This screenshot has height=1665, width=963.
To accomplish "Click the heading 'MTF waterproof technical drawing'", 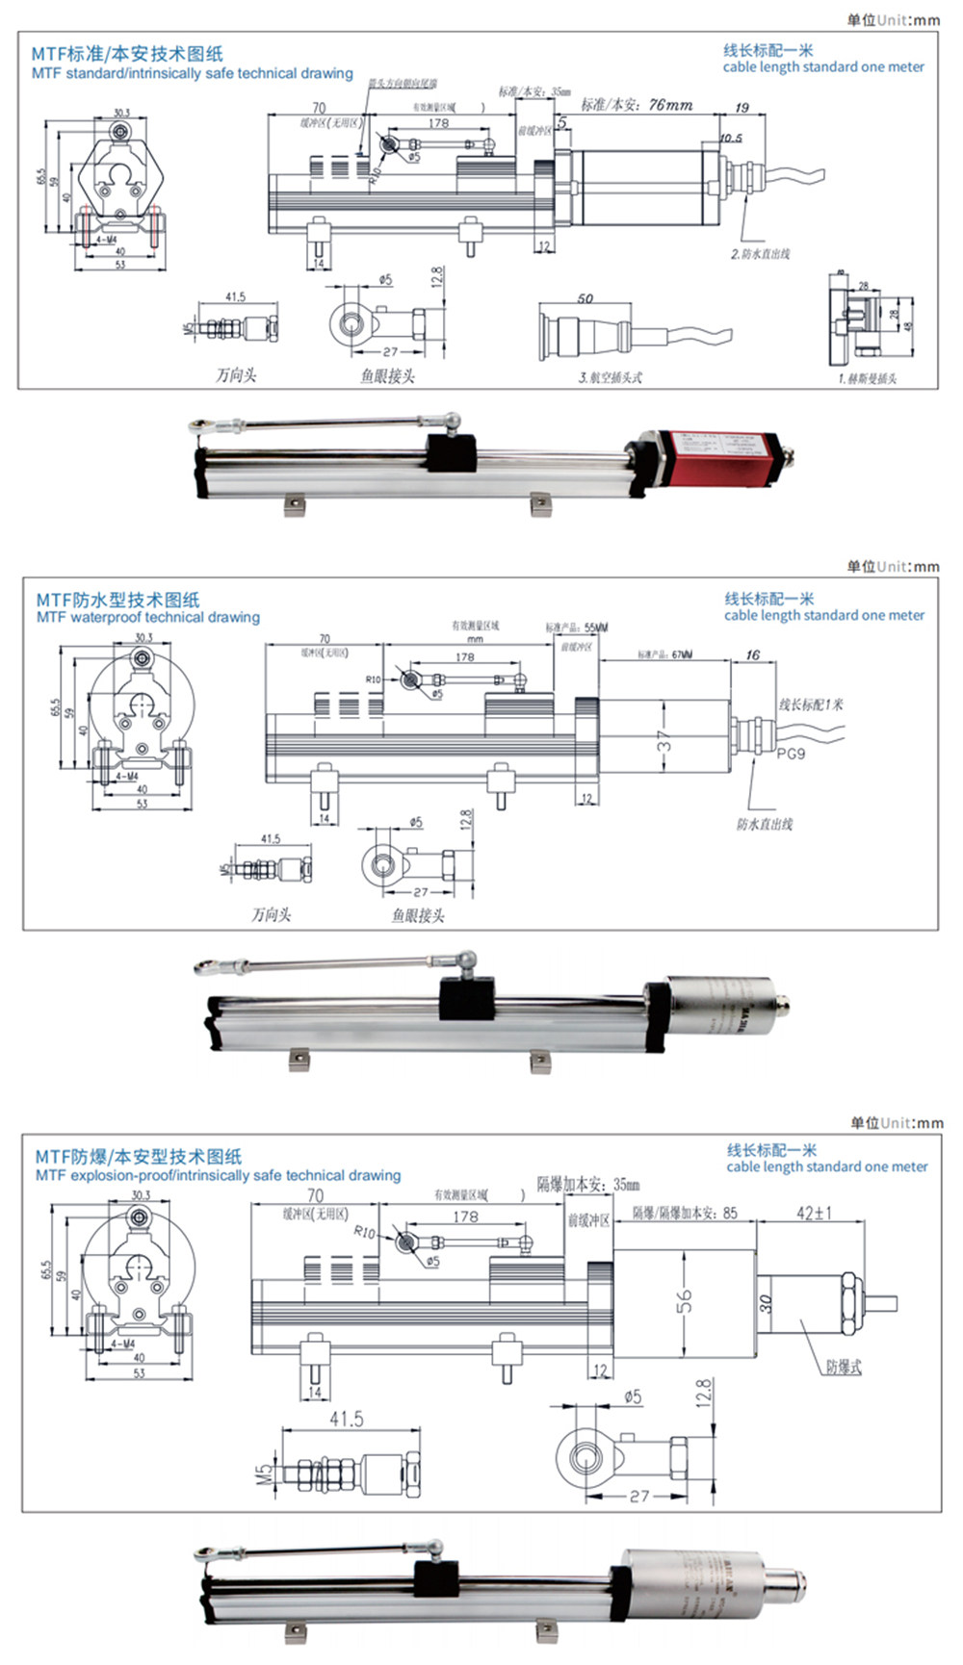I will click(148, 617).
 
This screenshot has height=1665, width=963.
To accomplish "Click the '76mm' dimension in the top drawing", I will click(670, 105).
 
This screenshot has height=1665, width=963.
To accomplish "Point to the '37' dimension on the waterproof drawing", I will click(664, 740).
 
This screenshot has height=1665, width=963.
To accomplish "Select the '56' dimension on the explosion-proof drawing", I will click(684, 1301).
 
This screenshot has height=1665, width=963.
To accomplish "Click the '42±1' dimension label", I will click(814, 1213).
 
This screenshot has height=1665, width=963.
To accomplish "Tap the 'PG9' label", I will click(791, 754).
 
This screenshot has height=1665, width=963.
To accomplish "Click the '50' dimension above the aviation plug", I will click(586, 298).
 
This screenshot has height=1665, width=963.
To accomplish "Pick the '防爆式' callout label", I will click(844, 1367).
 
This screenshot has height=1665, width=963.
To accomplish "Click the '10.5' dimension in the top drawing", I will click(731, 138).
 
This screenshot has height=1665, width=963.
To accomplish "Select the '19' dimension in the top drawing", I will click(742, 108).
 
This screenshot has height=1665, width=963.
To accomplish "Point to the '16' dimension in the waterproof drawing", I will click(753, 655).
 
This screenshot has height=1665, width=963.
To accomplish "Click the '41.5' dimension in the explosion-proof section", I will click(347, 1419).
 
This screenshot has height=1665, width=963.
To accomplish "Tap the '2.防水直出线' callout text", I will click(760, 254).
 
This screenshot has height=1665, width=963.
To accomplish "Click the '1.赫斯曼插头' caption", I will click(867, 378).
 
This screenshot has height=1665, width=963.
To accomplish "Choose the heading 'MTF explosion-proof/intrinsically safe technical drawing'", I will click(218, 1175).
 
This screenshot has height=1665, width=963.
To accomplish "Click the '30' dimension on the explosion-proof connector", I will click(766, 1303).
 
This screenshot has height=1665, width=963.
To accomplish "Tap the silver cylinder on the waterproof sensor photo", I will click(722, 1006).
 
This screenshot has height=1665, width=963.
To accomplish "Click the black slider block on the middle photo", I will click(467, 998).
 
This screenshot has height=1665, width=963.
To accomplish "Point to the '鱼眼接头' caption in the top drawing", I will click(387, 376).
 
